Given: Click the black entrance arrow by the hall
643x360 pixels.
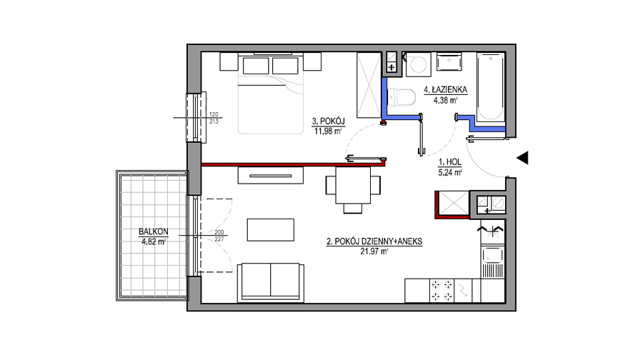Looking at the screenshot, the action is click(x=522, y=158).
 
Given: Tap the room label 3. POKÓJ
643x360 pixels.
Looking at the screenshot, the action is click(x=328, y=121).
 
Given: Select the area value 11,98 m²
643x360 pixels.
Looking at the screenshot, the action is click(x=328, y=131).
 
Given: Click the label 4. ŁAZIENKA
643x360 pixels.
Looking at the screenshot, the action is click(x=445, y=89).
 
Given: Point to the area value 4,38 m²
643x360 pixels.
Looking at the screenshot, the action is click(x=445, y=99).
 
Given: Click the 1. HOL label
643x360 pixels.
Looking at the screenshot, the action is click(x=450, y=162).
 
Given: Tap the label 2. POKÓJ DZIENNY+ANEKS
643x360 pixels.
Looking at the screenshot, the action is click(x=374, y=241).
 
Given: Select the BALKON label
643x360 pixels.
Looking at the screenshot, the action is click(x=154, y=231).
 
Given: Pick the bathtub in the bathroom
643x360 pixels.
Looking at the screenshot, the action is click(x=490, y=86).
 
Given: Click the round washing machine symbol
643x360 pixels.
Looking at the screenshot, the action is click(x=418, y=64).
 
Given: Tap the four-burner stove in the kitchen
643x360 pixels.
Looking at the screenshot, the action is click(x=442, y=290).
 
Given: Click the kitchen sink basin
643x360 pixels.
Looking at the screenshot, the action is click(x=492, y=256).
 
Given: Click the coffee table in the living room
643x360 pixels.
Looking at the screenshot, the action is click(x=271, y=229).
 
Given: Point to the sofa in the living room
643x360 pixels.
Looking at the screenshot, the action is click(x=271, y=283).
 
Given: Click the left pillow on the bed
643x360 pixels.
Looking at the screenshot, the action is click(x=256, y=66).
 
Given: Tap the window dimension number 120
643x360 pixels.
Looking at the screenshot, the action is click(x=214, y=114).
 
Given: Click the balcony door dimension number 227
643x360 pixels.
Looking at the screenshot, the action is click(x=219, y=239).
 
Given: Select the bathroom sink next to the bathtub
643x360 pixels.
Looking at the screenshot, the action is click(x=449, y=62).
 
